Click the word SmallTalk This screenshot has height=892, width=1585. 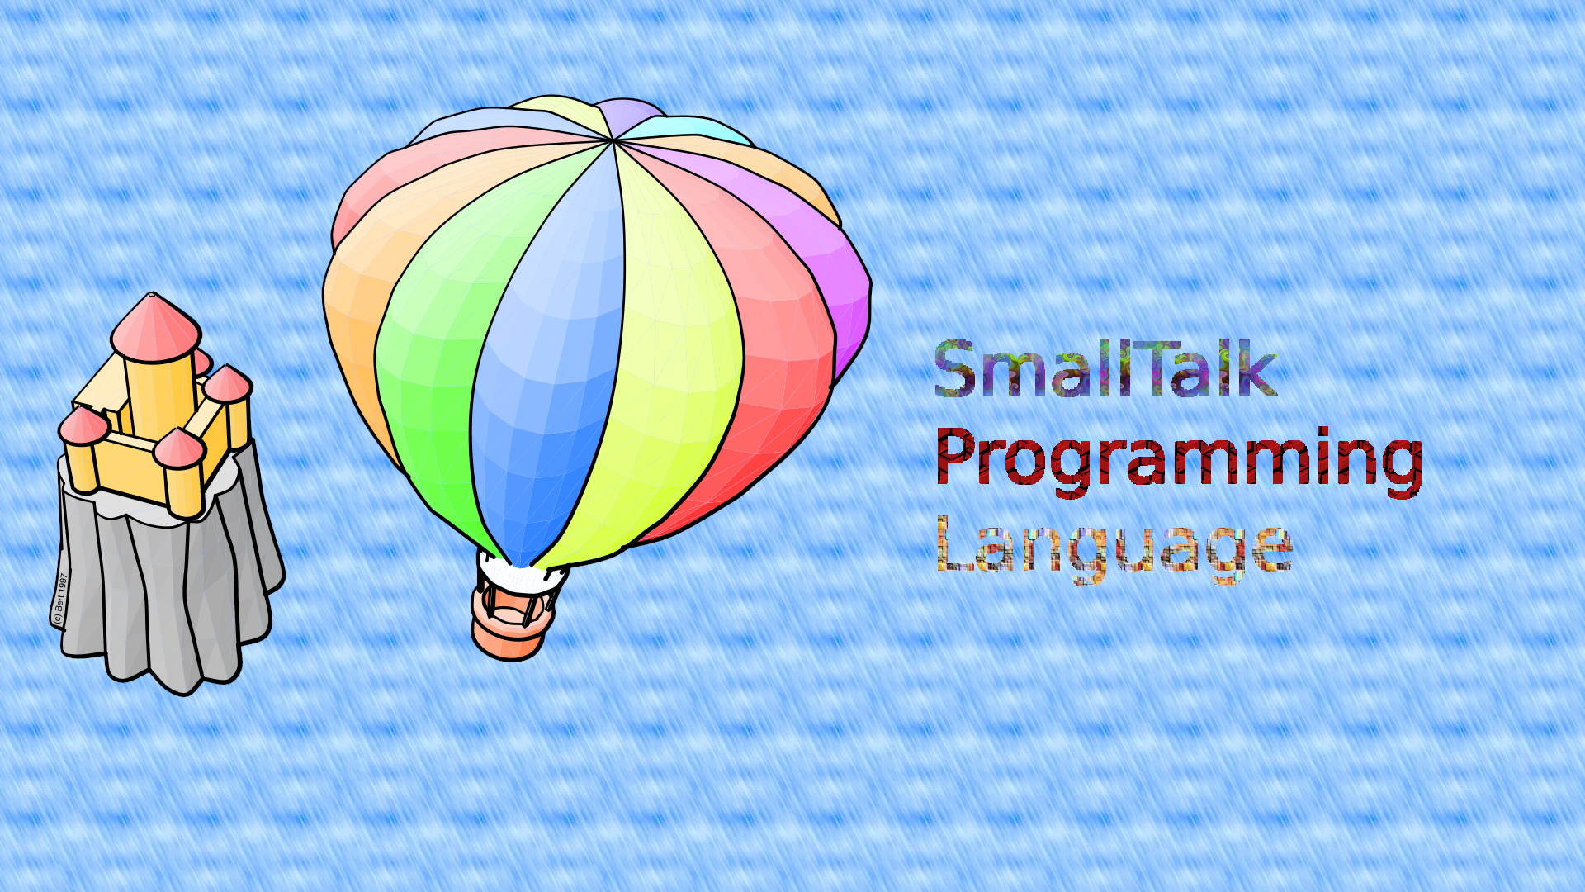[1105, 368]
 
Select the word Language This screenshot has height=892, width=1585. [1114, 547]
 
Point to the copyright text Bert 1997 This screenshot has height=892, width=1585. [59, 598]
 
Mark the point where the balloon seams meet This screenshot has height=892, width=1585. [613, 141]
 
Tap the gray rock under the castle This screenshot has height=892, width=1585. [169, 578]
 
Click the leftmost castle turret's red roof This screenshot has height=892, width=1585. [83, 425]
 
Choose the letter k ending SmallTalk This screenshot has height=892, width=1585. [1259, 368]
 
